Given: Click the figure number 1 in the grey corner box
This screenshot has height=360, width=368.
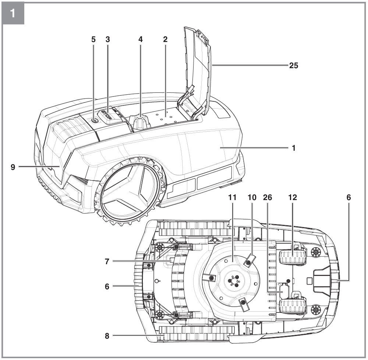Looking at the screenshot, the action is click(13, 13).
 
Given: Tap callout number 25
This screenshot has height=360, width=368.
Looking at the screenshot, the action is click(293, 65).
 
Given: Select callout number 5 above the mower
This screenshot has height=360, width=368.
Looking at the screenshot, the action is click(93, 39).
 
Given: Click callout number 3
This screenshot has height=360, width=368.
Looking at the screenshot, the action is click(107, 39).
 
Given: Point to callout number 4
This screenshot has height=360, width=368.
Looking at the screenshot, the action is click(140, 39).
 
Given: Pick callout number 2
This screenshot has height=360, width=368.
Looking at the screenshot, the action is click(165, 39).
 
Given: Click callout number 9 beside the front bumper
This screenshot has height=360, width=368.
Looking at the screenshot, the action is click(13, 167).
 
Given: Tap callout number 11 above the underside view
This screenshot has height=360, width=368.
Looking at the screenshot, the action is click(232, 198).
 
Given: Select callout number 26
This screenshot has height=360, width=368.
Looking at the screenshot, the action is click(268, 198).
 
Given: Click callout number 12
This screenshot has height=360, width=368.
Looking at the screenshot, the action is click(293, 198).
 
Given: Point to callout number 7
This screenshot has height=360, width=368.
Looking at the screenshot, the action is click(107, 261).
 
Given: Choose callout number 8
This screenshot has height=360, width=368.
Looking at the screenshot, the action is click(107, 336).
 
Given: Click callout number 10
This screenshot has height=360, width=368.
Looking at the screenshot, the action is click(252, 198).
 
